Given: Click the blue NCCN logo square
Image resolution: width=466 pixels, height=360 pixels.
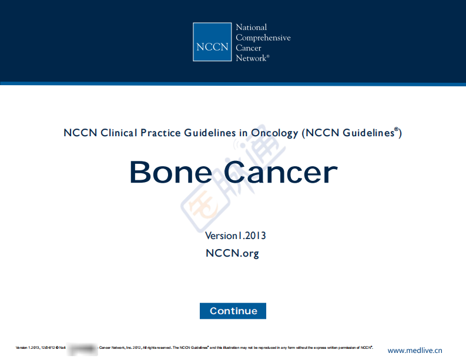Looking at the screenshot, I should coord(212,42).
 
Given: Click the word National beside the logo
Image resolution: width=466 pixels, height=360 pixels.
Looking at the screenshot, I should coord(251,28).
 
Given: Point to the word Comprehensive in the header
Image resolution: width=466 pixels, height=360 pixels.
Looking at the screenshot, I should coord(263,38).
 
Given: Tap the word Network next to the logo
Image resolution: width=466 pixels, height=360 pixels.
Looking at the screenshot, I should coord(251,58).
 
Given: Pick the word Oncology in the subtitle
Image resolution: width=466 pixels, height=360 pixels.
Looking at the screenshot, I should coord(274,133).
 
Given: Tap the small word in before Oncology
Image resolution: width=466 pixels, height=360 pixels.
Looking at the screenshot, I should coord(243,133).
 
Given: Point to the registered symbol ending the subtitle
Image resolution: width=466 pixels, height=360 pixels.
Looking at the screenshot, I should coord(396,130).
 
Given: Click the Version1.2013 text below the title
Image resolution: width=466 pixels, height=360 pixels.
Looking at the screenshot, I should coord(235,236).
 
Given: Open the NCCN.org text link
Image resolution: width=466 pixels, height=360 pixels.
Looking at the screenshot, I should coord(232,253).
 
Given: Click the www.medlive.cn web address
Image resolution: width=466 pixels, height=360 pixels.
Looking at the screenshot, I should coord(414,351).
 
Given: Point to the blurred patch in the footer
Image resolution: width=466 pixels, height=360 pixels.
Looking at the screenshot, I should coord(82,348).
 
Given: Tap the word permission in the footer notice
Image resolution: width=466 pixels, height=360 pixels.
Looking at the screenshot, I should coord(338,348).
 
